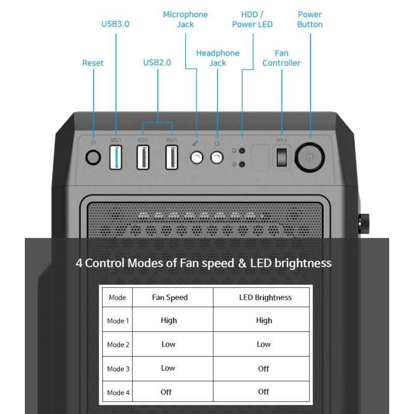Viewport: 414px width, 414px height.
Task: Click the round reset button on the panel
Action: (93, 157)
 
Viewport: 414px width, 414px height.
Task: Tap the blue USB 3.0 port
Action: (115, 157)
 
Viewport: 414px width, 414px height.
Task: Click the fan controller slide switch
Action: (282, 157)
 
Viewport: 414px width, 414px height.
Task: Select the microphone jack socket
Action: (197, 158)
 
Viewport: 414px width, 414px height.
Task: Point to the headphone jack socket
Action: (217, 158)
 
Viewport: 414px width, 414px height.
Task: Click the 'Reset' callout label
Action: (93, 63)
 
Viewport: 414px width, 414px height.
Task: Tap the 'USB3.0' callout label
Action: (115, 24)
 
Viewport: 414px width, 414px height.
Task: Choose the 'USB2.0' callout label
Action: (157, 63)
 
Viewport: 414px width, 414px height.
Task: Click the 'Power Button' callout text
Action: (309, 19)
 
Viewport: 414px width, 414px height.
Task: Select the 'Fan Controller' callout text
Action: (282, 58)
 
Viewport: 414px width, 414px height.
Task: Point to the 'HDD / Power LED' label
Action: (252, 19)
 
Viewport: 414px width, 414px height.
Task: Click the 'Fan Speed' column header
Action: (170, 298)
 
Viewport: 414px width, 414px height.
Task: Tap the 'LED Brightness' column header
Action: (265, 298)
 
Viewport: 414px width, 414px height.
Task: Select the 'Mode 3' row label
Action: (119, 369)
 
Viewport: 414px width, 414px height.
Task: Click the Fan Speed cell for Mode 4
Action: (166, 392)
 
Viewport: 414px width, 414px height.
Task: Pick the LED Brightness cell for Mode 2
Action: (263, 344)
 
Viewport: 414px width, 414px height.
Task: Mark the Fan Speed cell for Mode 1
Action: (169, 320)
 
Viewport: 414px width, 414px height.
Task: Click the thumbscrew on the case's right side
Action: (364, 224)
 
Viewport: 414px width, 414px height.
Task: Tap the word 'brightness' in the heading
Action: (303, 263)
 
